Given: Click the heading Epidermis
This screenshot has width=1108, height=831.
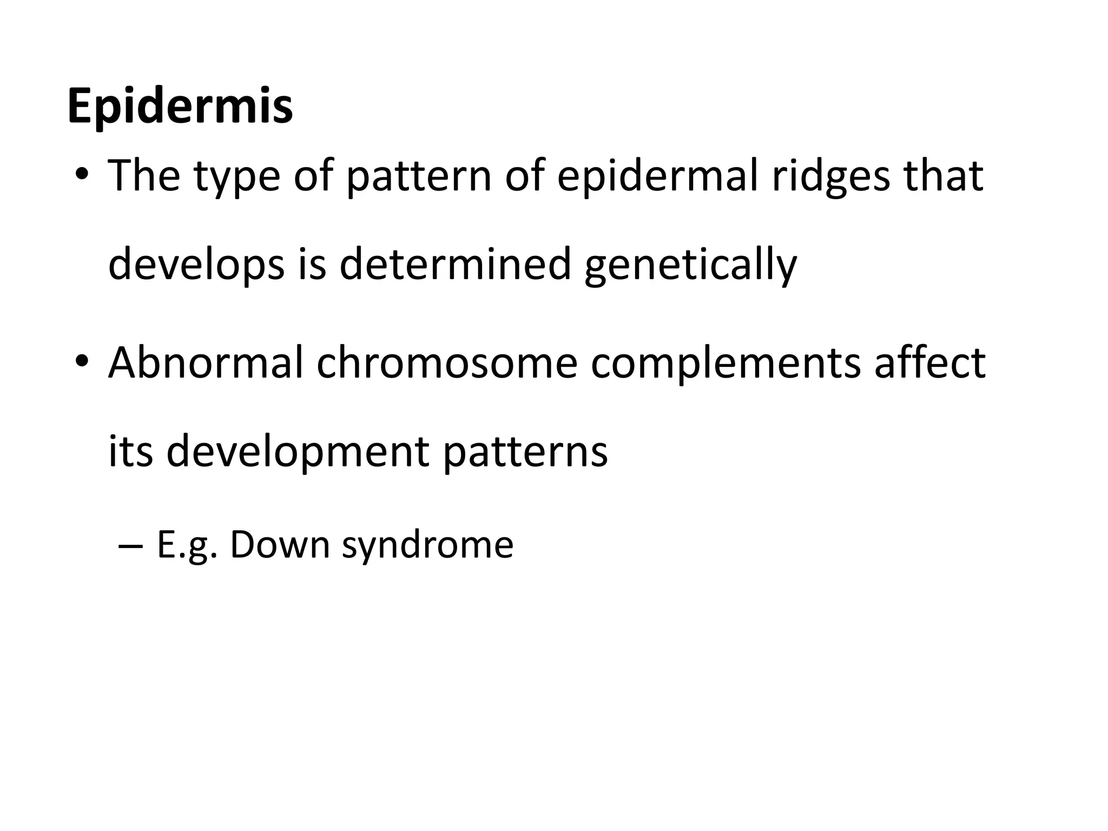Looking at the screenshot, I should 180,106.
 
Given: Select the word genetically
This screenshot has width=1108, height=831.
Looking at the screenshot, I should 691,266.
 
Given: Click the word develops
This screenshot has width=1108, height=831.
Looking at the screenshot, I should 196,266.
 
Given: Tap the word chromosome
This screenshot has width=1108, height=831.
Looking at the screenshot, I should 447,362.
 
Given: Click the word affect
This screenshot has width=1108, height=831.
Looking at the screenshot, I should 930,362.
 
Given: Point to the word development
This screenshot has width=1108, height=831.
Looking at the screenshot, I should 298,452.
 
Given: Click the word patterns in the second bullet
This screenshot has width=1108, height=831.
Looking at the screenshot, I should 525,452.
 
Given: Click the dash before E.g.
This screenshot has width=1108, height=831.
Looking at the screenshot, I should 130,546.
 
